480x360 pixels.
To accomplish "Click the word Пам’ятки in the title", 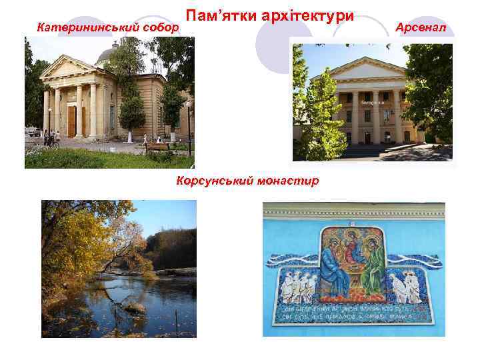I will tap(216, 15).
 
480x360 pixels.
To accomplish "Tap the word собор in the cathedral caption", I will tap(161, 28).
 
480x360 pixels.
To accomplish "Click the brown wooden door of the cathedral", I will tap(71, 119).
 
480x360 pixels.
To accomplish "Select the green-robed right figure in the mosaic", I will tap(373, 267).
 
